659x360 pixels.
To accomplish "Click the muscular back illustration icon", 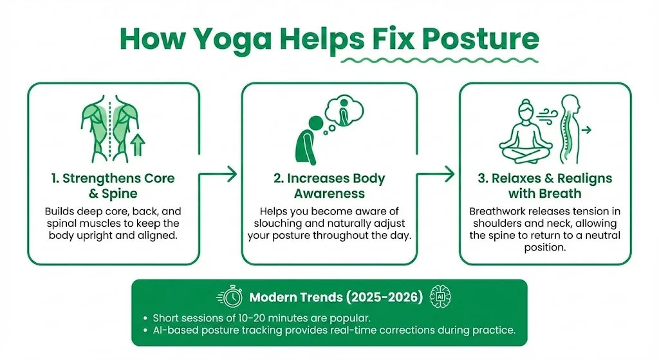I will (x=109, y=125).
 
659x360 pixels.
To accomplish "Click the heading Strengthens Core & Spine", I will (x=113, y=185).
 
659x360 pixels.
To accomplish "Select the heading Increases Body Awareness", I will (x=329, y=185).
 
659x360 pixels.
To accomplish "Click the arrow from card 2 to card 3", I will (x=438, y=173).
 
